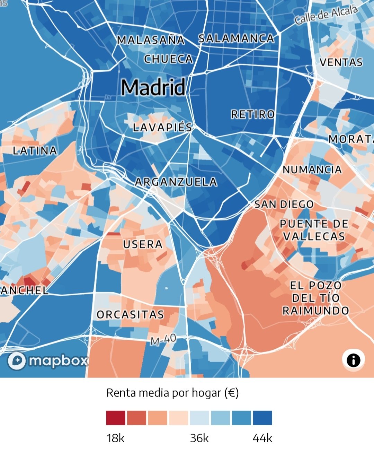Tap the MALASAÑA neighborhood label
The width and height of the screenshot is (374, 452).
pos(151,40)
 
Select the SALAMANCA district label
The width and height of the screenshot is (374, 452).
pos(236,38)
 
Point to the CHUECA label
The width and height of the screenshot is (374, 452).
pos(168,59)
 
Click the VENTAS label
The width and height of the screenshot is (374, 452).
pos(341,62)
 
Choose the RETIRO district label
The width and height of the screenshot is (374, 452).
pos(253,114)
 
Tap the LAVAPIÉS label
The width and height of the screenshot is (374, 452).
pos(162,127)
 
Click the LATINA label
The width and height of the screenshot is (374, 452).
pos(35,151)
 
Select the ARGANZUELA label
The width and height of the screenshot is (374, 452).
pos(176,182)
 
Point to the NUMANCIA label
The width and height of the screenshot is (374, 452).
pos(312,169)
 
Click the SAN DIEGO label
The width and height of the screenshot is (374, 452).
pos(284,205)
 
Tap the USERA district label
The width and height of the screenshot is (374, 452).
pos(143,244)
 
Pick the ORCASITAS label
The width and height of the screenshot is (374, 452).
pos(130,315)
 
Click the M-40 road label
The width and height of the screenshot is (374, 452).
pos(163,340)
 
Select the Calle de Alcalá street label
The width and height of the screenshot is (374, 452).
pos(326,16)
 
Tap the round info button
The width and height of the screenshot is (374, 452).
pos(353,360)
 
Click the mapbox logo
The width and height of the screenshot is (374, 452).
pos(48,361)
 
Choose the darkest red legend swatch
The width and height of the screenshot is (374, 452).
pos(116,418)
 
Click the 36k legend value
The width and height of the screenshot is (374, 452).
pos(199,438)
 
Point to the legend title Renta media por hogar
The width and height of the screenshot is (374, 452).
pos(172,393)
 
